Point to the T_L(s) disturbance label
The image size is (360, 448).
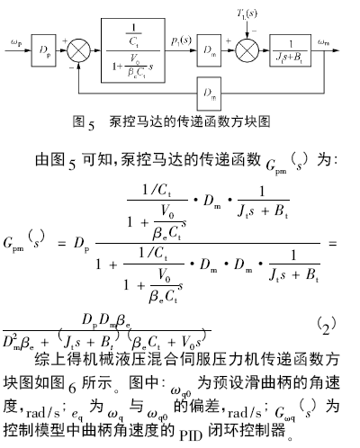[x=247, y=13]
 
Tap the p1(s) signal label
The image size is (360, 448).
[x=181, y=40]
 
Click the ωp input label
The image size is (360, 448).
[x=16, y=43]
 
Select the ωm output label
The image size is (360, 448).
[x=323, y=42]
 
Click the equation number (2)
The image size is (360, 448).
[x=326, y=326]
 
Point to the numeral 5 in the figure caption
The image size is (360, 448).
[x=92, y=125]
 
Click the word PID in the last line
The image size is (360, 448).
[x=191, y=435]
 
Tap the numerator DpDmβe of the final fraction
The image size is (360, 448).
[x=106, y=321]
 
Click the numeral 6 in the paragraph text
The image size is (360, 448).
[x=72, y=388]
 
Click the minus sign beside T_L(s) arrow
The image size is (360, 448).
[x=254, y=31]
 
